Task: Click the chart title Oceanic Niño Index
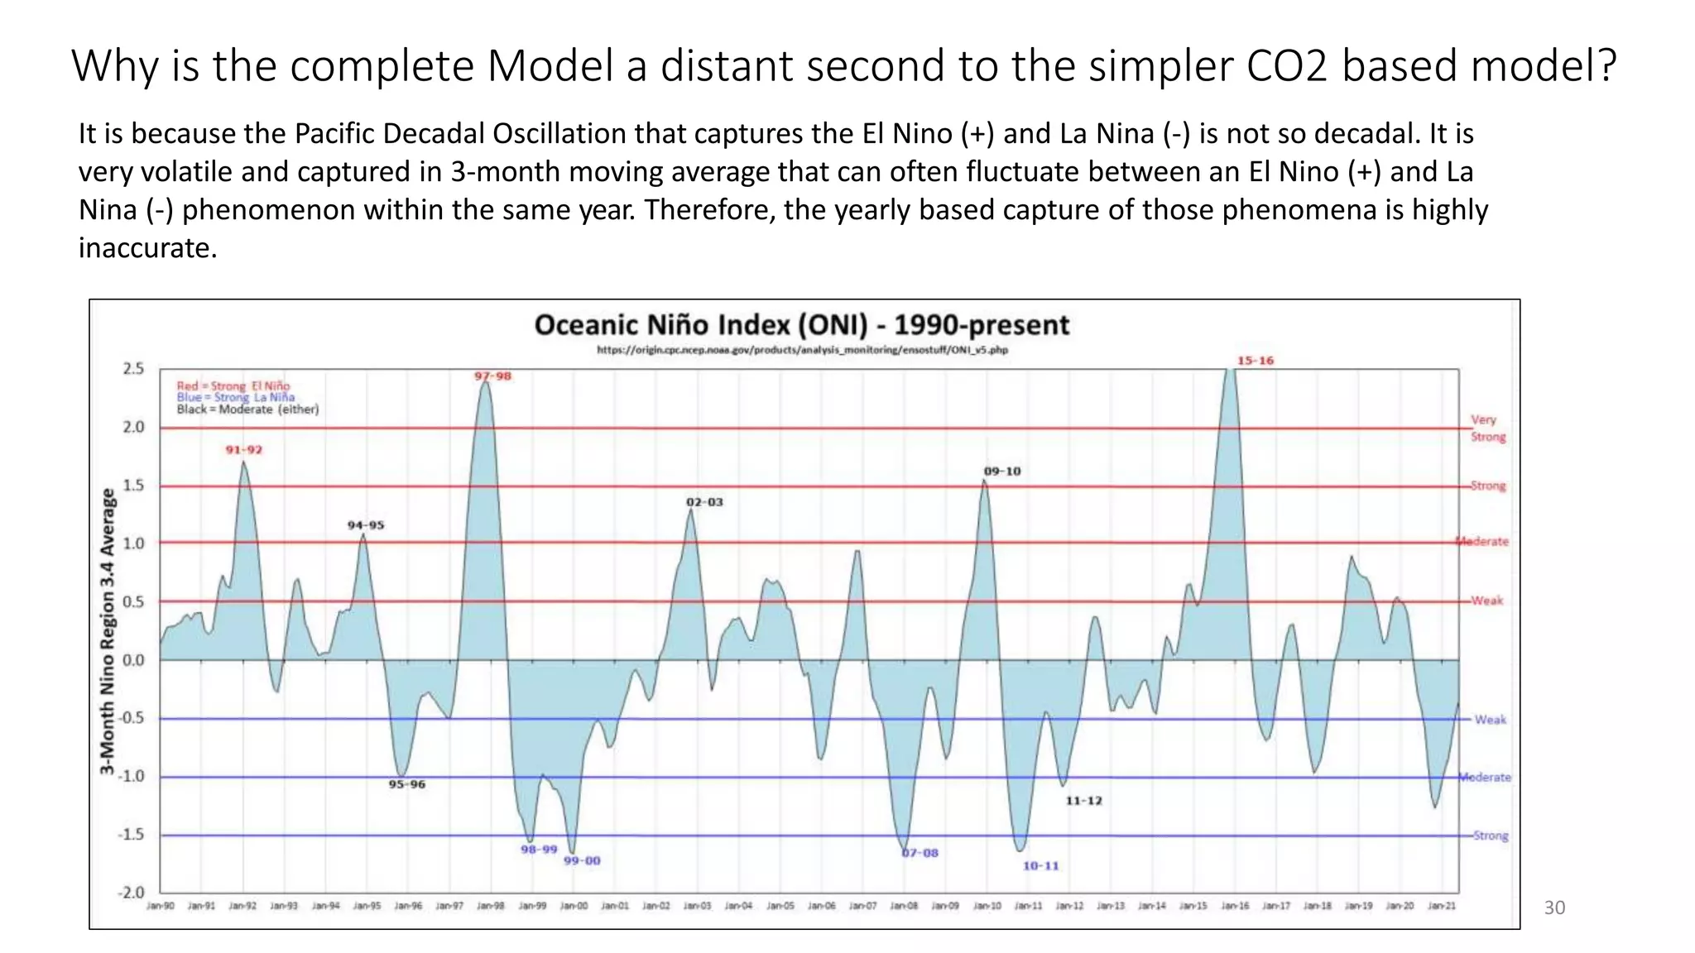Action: coord(801,325)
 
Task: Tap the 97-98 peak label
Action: coord(492,376)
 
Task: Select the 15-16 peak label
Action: coord(1256,361)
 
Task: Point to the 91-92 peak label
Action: coord(244,450)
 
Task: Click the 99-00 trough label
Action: coord(582,861)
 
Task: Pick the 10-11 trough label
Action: coord(1040,866)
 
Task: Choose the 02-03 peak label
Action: coord(704,502)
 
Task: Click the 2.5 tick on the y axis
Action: coord(133,368)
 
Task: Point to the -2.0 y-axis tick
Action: coord(131,893)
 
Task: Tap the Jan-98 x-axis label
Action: coord(491,907)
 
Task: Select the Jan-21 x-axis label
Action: coord(1441,907)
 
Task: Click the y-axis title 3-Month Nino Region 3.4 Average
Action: coord(107,631)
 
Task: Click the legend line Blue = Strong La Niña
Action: coord(235,398)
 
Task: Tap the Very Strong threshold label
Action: coord(1487,429)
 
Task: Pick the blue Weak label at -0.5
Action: coord(1490,720)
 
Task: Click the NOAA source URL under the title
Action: coord(802,350)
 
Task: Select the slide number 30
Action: coord(1554,908)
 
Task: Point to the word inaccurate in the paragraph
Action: coord(147,248)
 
